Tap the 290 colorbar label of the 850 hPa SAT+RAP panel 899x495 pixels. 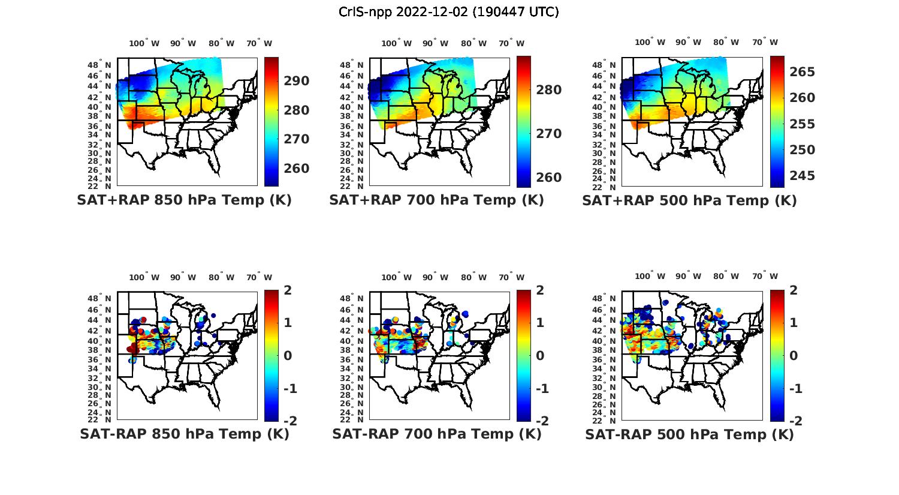point(296,81)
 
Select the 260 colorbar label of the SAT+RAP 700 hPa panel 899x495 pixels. point(548,178)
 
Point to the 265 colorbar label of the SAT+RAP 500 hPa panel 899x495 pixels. point(803,72)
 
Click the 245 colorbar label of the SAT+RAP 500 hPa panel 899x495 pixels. point(803,176)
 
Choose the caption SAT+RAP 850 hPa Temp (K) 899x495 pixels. point(184,200)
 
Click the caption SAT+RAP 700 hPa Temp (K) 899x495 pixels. point(436,200)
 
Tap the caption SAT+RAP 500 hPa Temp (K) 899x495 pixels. point(689,200)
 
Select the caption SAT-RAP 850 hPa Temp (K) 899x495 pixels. point(184,434)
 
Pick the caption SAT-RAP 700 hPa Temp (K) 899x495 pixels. point(436,434)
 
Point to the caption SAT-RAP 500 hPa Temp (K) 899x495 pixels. point(689,434)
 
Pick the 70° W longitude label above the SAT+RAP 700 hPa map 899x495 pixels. point(511,43)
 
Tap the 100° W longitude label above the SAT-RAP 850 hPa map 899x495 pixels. point(144,277)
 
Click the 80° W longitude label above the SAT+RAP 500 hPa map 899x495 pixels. point(726,42)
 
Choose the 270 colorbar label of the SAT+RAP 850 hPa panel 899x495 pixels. point(296,139)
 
